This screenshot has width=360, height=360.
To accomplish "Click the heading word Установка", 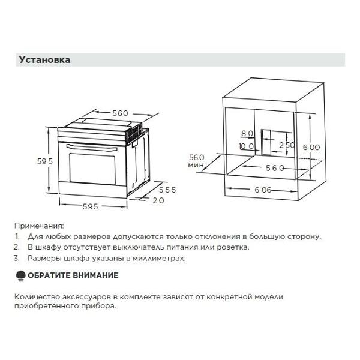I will tap(45, 60).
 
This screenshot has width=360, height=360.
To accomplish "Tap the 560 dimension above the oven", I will tap(120, 113).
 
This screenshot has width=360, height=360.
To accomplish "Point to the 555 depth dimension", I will tap(167, 190).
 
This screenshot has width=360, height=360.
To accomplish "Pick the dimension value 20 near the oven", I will tap(158, 200).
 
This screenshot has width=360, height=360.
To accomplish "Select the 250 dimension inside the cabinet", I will tap(287, 146).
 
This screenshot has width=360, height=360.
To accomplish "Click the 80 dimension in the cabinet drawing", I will tap(247, 134).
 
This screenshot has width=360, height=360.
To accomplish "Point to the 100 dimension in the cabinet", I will tap(246, 146).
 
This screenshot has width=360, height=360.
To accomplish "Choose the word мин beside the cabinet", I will tap(195, 165).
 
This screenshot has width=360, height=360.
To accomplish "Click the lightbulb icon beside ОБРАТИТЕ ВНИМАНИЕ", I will tap(20, 275).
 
